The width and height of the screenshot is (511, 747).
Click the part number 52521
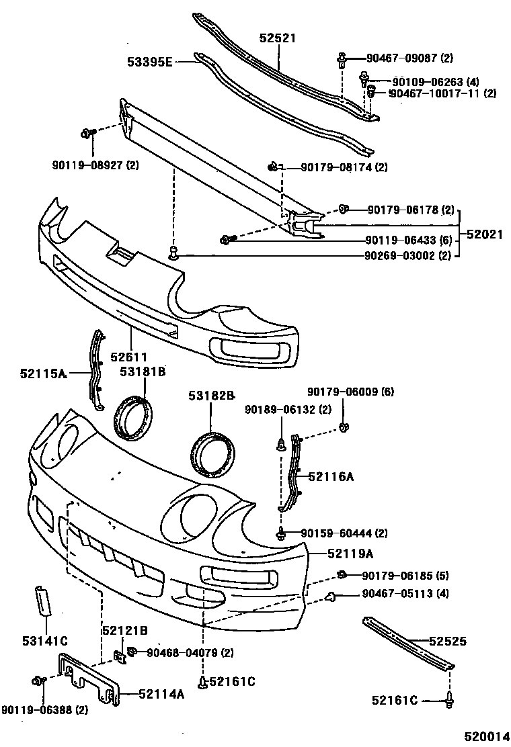pos(278,39)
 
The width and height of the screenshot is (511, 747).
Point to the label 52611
pos(128,357)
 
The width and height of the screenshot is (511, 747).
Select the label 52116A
pos(331,476)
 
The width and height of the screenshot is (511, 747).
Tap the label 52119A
pos(350,554)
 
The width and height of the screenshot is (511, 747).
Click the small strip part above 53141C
pos(42,599)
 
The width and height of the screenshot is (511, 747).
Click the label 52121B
pos(124,630)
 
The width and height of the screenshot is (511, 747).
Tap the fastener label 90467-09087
pos(409,58)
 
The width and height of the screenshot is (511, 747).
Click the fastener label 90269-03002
pos(408,255)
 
